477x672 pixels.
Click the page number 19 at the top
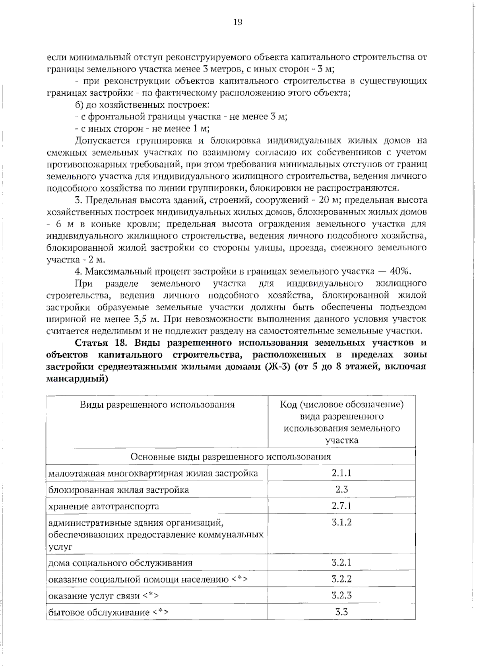coord(237,22)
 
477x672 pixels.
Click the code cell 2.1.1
coord(341,473)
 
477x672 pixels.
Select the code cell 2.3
coord(341,489)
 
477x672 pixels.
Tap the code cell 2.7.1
coord(341,506)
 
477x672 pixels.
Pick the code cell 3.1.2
coord(341,522)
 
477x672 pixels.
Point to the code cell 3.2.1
coord(341,562)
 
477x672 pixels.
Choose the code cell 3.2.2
coord(341,579)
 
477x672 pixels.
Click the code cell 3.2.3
coord(341,595)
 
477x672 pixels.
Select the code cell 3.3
coord(341,612)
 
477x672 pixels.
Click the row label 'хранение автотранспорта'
coord(103,506)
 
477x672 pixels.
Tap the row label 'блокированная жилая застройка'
coord(118,490)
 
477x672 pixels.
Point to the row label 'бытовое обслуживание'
coord(99,612)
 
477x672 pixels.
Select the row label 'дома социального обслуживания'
coord(120,563)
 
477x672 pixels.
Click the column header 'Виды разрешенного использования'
coord(157,405)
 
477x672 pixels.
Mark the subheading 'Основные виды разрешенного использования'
coord(231,457)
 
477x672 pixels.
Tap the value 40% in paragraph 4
coord(399,271)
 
